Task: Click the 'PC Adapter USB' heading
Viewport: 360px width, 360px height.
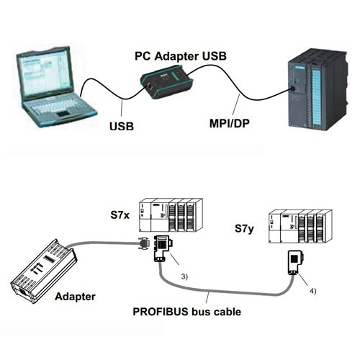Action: click(181, 56)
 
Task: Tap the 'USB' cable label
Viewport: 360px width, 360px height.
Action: click(122, 126)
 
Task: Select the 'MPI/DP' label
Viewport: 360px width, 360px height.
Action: click(230, 123)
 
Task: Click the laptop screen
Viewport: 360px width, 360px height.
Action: click(45, 73)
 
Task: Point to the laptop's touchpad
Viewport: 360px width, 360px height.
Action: click(63, 114)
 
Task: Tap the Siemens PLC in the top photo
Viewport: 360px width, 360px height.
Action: click(318, 89)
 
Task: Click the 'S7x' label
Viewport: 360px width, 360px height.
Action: click(120, 215)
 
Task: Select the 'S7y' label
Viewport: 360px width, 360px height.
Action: click(244, 229)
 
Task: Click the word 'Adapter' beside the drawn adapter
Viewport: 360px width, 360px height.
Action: click(75, 297)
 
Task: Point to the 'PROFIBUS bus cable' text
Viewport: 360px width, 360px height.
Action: click(187, 312)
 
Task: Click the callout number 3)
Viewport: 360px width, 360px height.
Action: click(184, 276)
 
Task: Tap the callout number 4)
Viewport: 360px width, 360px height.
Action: click(312, 291)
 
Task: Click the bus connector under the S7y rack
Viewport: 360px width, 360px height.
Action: click(295, 262)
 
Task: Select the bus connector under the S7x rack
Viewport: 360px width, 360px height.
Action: click(163, 248)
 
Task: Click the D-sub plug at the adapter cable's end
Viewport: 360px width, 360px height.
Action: click(145, 244)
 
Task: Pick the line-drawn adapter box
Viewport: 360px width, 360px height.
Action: click(44, 271)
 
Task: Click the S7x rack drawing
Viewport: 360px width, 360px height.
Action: click(171, 215)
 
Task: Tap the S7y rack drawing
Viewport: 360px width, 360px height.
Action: click(300, 226)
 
